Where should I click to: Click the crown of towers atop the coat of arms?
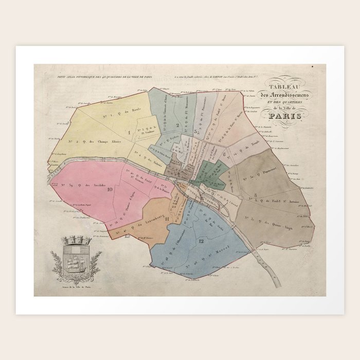(76, 240)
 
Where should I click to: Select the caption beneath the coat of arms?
(76, 286)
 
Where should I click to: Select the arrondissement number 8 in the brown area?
(256, 194)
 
